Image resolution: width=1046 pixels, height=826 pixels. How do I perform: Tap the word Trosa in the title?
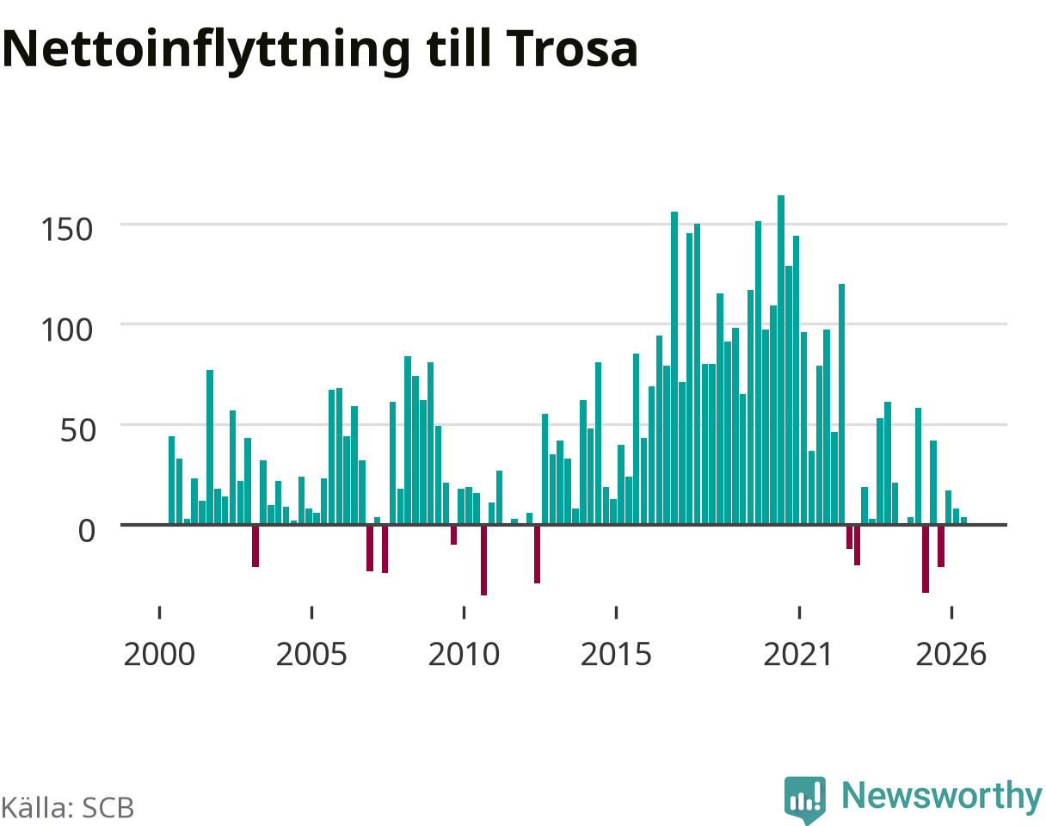coord(572,48)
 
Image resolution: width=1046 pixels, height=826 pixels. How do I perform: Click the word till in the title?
coord(458,47)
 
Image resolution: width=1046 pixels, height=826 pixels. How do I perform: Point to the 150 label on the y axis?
coord(66,230)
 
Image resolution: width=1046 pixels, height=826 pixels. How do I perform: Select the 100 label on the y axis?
coord(66,330)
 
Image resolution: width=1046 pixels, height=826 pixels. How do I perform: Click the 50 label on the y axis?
coord(77,431)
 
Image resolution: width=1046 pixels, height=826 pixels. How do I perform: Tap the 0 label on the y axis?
coord(87,531)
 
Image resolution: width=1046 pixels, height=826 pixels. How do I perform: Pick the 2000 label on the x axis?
coord(159,655)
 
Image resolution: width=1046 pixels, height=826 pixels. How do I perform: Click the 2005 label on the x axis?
coord(311,655)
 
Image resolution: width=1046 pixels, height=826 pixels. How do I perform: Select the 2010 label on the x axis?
coord(465,655)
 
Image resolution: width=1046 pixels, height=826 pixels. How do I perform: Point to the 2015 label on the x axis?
coord(616,655)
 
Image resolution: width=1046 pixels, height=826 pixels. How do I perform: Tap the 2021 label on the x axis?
coord(799,655)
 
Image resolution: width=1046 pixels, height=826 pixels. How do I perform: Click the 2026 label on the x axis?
coord(951,655)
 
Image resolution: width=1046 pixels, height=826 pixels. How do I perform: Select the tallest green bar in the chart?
coord(781,360)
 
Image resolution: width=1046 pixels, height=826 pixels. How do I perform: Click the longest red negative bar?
coord(483,560)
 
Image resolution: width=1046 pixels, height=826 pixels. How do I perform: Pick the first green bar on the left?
coord(171,480)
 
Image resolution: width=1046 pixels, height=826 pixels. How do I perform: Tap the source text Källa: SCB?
coord(67,808)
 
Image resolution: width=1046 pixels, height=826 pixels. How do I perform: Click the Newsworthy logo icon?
coord(805,800)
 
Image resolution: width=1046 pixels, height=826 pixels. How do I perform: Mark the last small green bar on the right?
coord(964,521)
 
